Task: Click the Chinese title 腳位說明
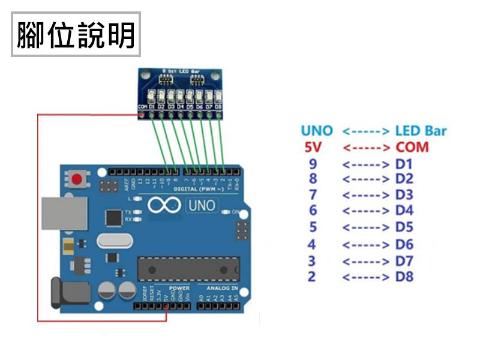[76, 35]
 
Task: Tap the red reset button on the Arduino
[77, 179]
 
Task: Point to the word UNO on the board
[202, 206]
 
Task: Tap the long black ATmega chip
[188, 268]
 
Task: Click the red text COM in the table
[412, 147]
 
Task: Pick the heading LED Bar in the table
[421, 131]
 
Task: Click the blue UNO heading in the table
[317, 131]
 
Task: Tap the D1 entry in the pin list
[404, 164]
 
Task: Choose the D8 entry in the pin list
[404, 277]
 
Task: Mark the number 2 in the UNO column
[311, 277]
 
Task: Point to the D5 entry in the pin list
[404, 227]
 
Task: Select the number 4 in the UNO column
[311, 244]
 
